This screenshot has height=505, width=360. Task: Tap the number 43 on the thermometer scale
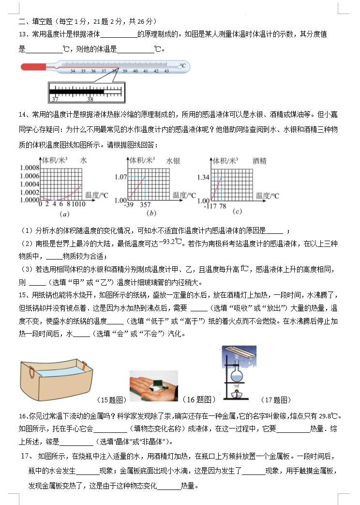pyautogui.click(x=166, y=71)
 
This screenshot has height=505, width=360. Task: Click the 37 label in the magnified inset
pyautogui.click(x=55, y=99)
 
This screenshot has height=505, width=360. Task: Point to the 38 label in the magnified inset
pyautogui.click(x=90, y=99)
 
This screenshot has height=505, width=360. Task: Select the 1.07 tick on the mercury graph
pyautogui.click(x=120, y=177)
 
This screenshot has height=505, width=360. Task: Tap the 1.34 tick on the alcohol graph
pyautogui.click(x=203, y=177)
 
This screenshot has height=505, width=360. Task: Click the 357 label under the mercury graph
pyautogui.click(x=145, y=205)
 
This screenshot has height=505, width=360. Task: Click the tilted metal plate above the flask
pyautogui.click(x=237, y=352)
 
